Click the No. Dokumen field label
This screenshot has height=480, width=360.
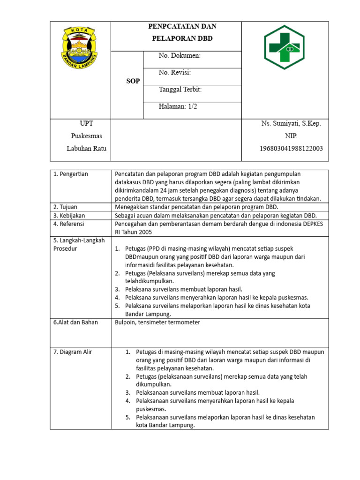click(180, 56)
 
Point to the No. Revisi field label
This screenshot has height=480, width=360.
click(174, 73)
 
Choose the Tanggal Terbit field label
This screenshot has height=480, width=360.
click(180, 90)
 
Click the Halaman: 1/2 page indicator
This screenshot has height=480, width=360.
click(178, 106)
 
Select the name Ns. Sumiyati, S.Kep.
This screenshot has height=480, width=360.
click(291, 123)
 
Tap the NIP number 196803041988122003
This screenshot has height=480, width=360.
click(291, 149)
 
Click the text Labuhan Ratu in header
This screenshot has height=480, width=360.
click(86, 149)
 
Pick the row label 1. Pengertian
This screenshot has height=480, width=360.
click(71, 174)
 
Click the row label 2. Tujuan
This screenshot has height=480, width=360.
click(65, 207)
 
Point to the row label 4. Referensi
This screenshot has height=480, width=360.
click(69, 224)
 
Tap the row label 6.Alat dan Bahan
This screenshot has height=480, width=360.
click(75, 322)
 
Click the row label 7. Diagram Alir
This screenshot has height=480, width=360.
click(73, 352)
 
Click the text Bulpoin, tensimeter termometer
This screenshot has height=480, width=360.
click(157, 322)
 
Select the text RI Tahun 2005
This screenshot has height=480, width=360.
click(133, 232)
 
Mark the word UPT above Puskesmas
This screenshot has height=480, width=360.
click(86, 123)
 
